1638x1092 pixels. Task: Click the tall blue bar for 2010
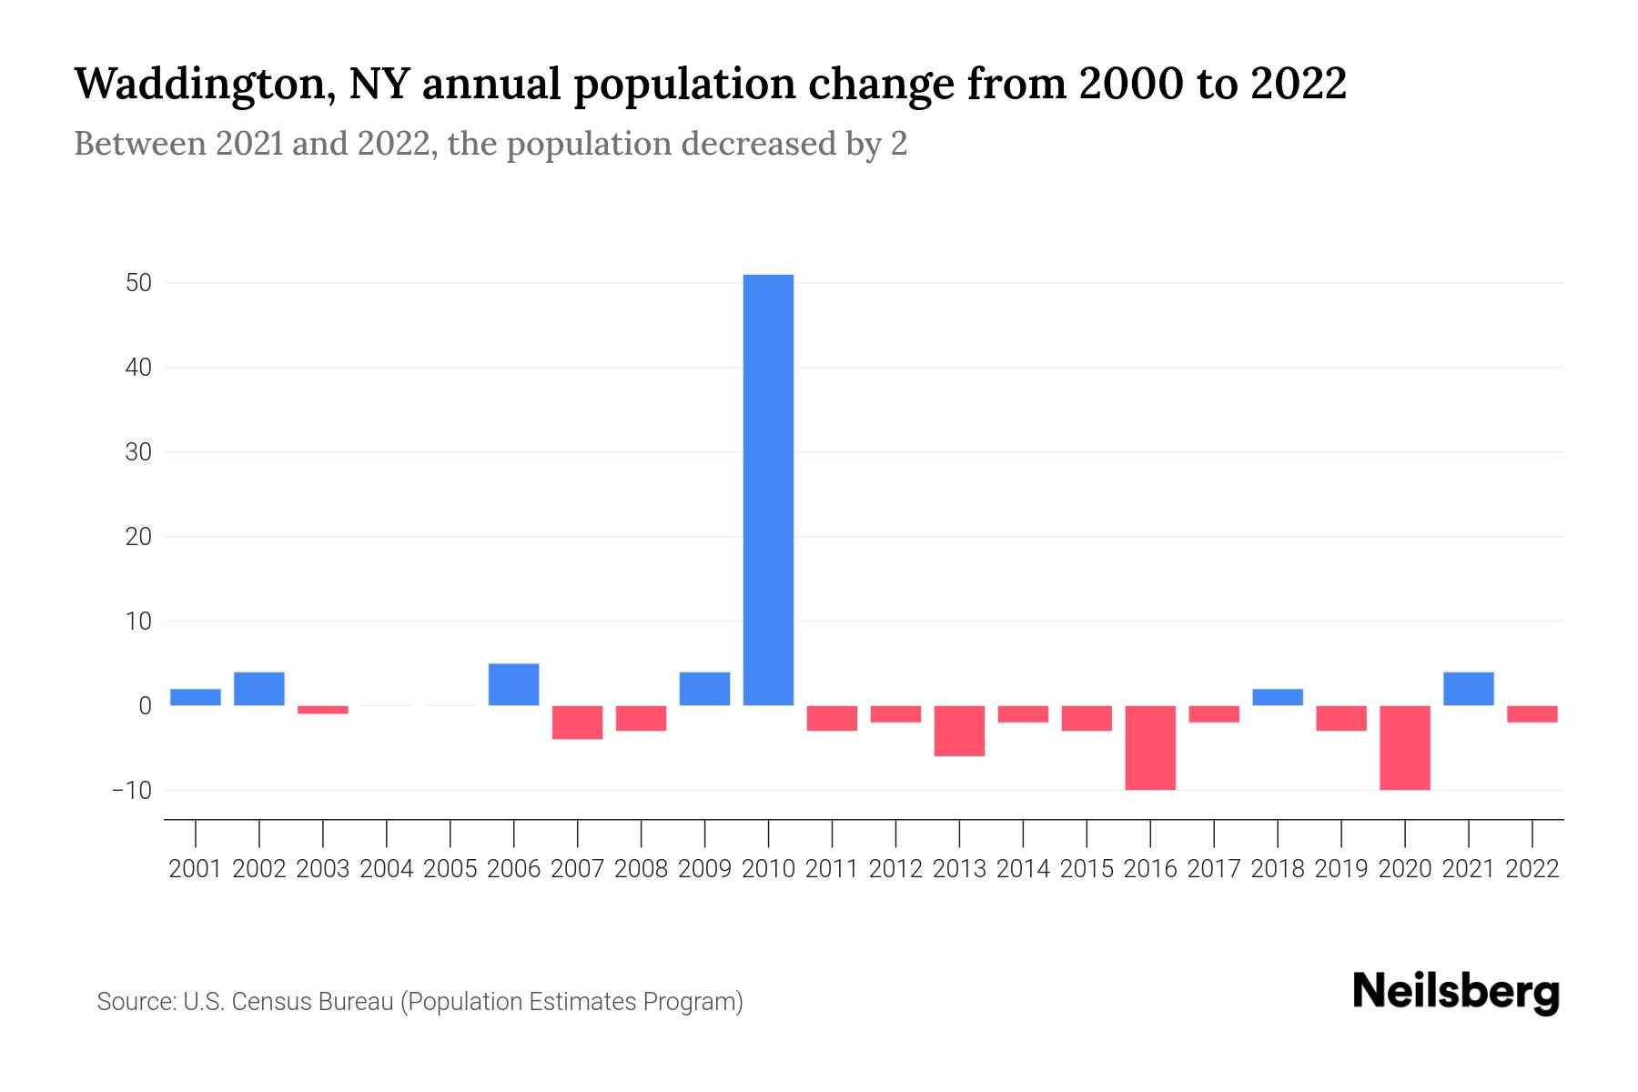768,490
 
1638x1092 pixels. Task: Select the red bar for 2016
1150,747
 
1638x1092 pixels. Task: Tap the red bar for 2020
1405,747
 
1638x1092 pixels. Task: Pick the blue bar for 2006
513,684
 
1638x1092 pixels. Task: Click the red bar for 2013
959,731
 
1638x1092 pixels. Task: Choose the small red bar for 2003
322,710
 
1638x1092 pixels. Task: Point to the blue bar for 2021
1468,689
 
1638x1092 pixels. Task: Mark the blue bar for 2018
1278,697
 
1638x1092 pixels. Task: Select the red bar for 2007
577,723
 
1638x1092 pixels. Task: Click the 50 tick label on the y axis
138,283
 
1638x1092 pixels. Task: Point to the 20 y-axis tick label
138,537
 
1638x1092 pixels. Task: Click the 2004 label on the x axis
386,869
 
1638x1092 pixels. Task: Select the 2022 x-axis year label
1532,869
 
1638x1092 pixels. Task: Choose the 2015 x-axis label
1087,869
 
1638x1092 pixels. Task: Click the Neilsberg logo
1455,993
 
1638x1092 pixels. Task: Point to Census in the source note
269,1002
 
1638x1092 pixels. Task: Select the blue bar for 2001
195,697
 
